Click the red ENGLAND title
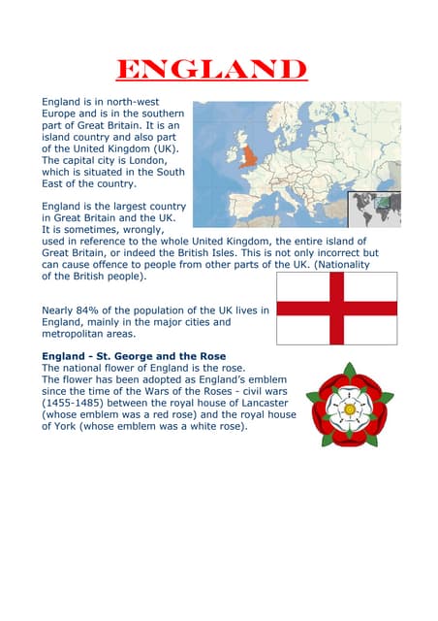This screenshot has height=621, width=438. (x=211, y=70)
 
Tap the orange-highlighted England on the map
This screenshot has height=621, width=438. (x=249, y=155)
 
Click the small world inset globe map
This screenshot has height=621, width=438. (x=374, y=209)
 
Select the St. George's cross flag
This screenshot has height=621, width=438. (x=336, y=309)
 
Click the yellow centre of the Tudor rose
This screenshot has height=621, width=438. (x=350, y=409)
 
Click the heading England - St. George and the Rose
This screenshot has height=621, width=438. (x=134, y=356)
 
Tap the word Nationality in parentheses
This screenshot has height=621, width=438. (x=348, y=264)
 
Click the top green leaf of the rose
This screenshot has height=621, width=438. (x=349, y=371)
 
